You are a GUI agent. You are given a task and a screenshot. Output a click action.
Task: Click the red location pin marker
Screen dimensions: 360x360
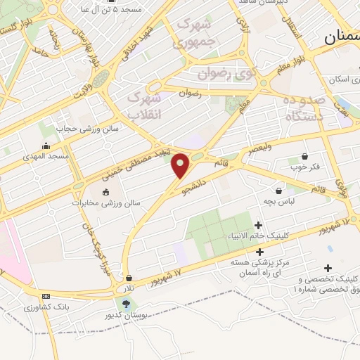pos(181,166)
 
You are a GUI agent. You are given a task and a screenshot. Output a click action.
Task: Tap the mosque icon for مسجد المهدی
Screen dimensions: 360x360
pos(46,146)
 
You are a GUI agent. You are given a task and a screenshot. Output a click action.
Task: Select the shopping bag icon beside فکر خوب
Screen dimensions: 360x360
pos(304,157)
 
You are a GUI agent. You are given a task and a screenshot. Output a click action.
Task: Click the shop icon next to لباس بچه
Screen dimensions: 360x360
pos(279,191)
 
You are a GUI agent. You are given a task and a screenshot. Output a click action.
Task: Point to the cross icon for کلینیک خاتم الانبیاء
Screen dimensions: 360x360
pos(259,226)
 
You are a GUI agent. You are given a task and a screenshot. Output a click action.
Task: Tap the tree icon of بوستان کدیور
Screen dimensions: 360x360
pos(126,304)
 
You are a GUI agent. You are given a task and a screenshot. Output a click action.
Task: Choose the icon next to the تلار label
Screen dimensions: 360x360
pos(128,278)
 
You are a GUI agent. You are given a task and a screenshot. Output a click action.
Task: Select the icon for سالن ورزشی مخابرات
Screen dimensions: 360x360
pos(105,192)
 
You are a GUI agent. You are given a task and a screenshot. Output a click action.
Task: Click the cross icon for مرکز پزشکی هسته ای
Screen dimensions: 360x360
pos(260,252)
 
